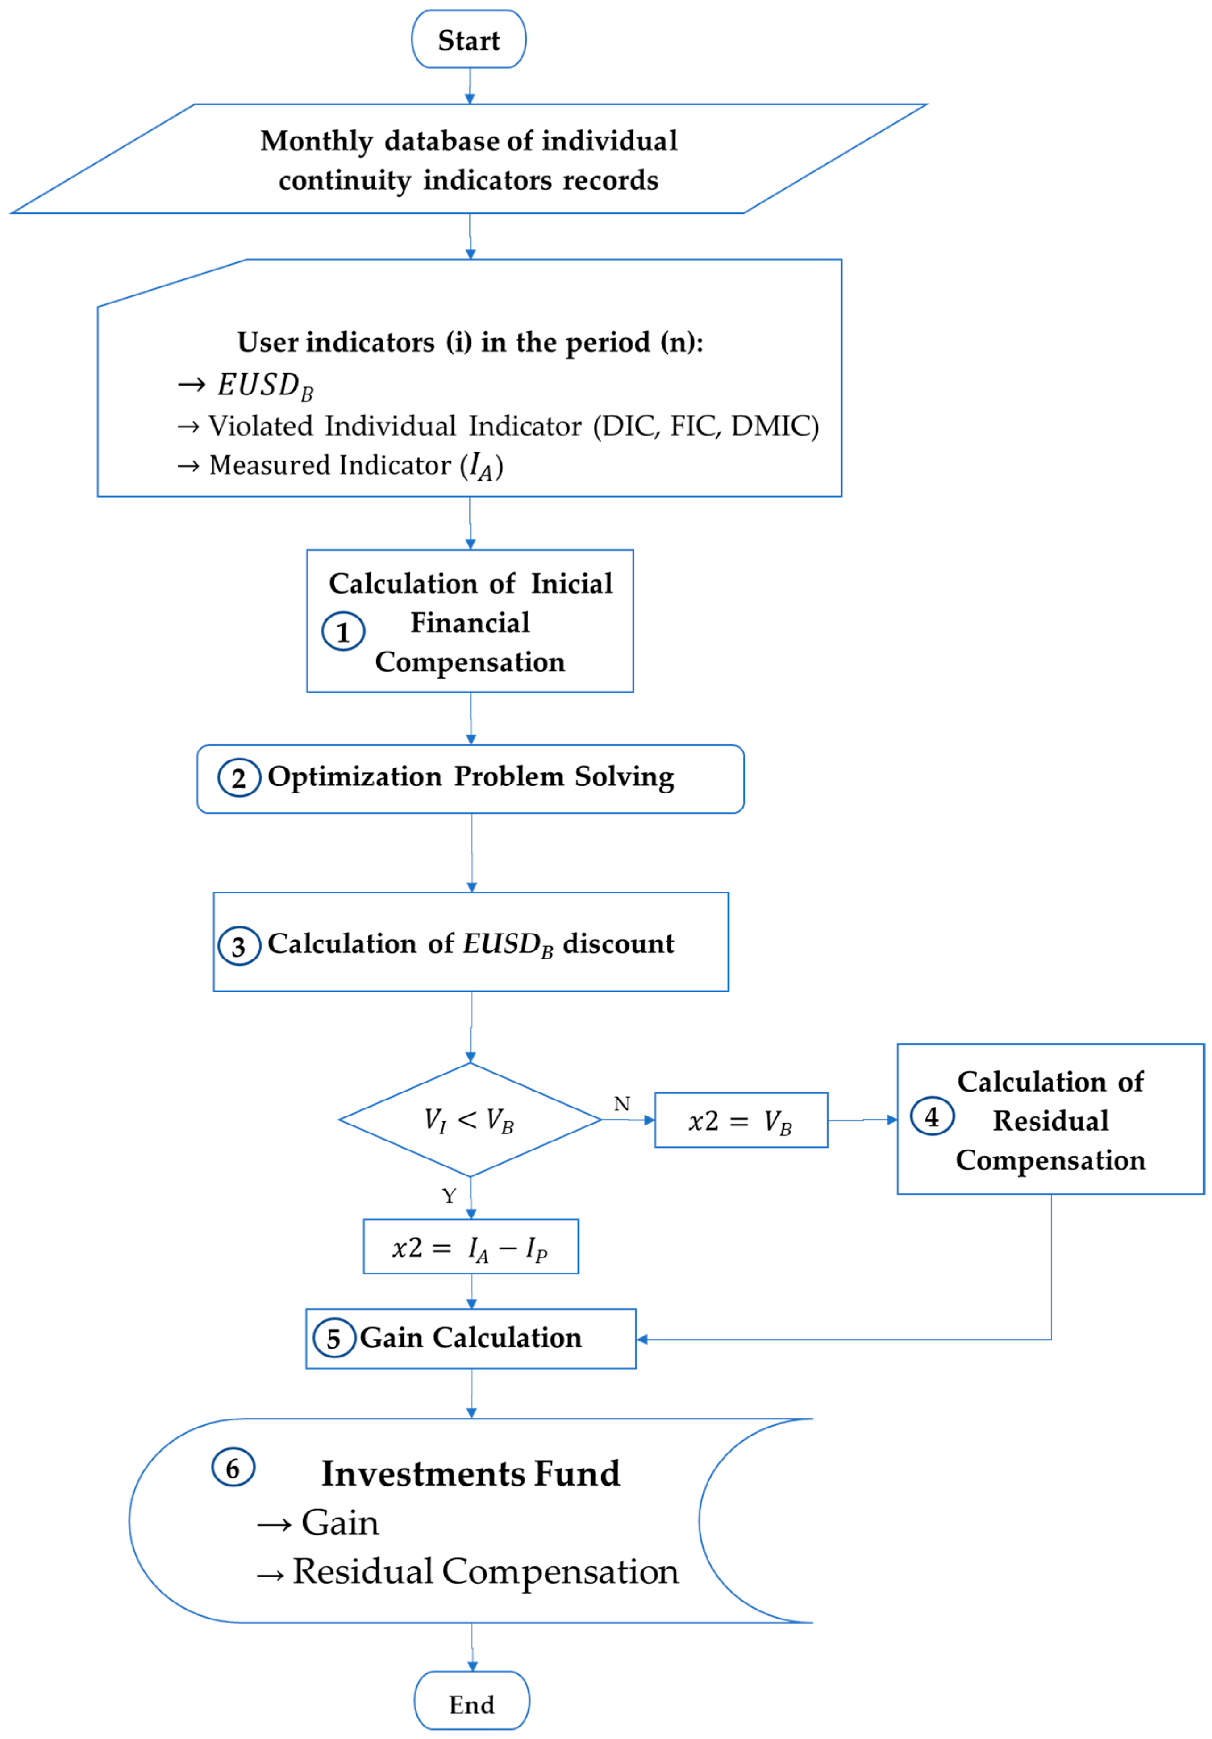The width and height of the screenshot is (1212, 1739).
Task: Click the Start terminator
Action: pos(468,39)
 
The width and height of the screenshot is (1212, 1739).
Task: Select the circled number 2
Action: pos(239,778)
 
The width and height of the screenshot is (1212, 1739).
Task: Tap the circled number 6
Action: pos(233,1468)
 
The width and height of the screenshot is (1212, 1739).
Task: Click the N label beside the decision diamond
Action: pos(621,1104)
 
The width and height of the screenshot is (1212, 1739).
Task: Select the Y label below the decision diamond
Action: pos(449,1196)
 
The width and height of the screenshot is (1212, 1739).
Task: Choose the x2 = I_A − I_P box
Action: pos(471,1247)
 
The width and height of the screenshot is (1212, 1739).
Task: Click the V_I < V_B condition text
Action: pos(469,1120)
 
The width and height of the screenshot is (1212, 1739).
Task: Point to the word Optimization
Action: pos(354,777)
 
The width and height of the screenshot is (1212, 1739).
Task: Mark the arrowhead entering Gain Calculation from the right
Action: pos(641,1339)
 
